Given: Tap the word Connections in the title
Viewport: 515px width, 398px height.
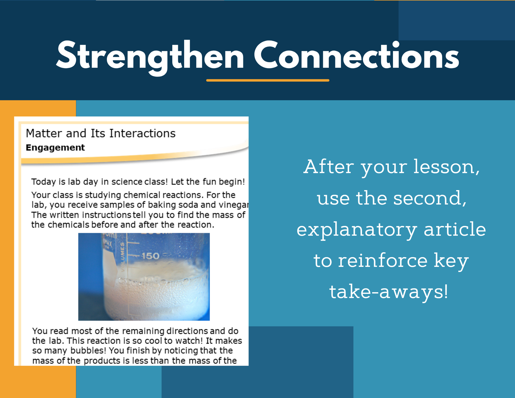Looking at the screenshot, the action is click(356, 55).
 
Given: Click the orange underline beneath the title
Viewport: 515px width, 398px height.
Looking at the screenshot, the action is click(268, 80).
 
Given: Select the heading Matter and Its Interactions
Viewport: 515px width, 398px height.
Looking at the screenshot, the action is click(101, 133).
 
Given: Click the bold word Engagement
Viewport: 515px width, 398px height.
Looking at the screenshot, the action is click(55, 147).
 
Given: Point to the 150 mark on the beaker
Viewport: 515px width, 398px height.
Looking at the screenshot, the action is click(150, 256).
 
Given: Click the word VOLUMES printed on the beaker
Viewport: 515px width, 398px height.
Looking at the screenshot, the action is click(122, 257).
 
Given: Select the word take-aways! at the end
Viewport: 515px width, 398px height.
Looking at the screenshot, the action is click(389, 292).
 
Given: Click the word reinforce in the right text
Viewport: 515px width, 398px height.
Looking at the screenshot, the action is click(383, 260).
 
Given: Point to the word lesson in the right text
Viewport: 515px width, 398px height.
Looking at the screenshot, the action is click(446, 167).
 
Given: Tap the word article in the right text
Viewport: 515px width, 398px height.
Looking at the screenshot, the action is click(455, 229).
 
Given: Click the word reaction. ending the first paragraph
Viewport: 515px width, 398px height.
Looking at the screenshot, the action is click(196, 225).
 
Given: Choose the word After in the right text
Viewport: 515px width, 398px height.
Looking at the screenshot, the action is click(329, 167).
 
